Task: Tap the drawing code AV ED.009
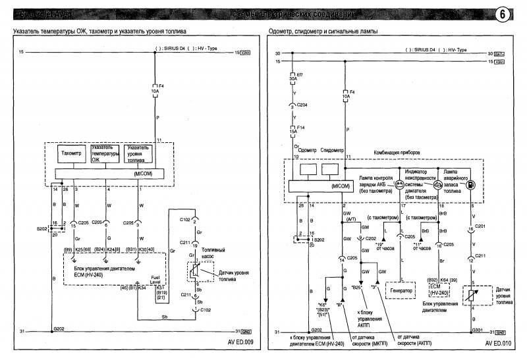click(x=236, y=343)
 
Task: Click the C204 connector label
click(x=302, y=104)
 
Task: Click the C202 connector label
click(x=373, y=238)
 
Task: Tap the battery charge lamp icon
click(x=399, y=186)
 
